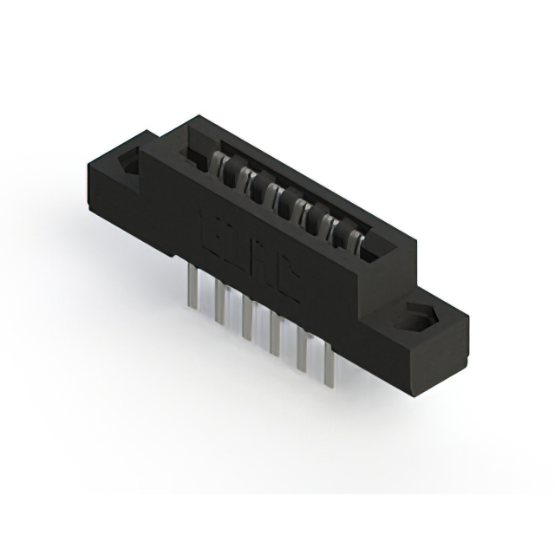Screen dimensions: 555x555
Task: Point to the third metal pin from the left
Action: [x=247, y=317]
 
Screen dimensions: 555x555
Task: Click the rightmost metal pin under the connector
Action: [x=330, y=364]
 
